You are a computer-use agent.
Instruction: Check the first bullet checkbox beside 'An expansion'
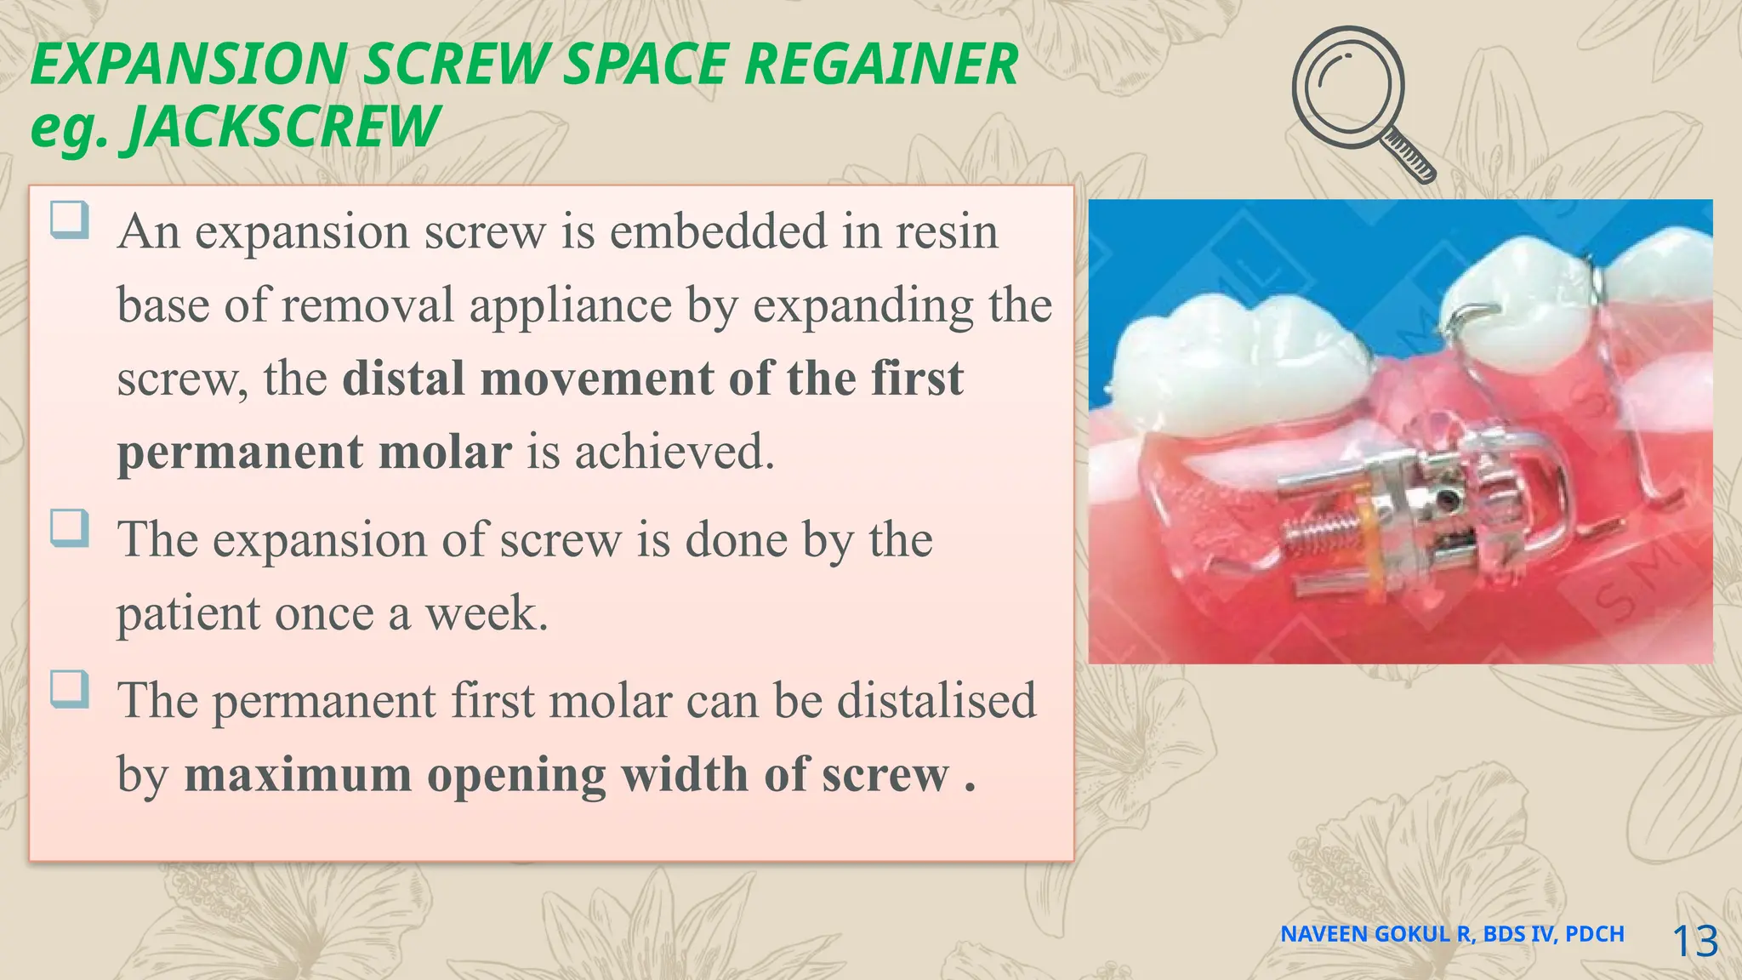coord(69,220)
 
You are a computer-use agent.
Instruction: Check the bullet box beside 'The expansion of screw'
coord(69,528)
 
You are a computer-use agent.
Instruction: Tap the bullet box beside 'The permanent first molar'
coord(69,689)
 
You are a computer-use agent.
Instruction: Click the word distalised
coord(936,701)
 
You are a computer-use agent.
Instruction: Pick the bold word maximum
coord(298,775)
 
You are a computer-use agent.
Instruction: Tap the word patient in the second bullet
coord(189,613)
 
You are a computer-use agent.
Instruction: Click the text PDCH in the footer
coord(1594,934)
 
